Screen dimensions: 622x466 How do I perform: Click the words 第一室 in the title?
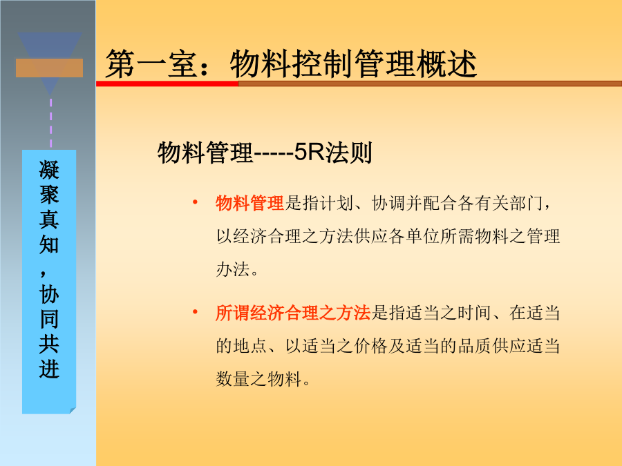(x=151, y=64)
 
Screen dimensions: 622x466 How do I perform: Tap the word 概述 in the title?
(x=446, y=64)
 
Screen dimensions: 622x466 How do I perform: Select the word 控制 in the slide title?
(x=323, y=64)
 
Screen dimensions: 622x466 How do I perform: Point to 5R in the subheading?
(x=309, y=152)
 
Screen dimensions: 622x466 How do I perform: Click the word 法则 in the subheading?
(x=348, y=153)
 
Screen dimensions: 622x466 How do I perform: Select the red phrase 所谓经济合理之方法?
(x=293, y=313)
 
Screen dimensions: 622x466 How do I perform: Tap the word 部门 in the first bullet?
(x=526, y=203)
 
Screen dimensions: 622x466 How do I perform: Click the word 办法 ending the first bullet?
(x=233, y=269)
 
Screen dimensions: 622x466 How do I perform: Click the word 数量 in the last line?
(x=233, y=379)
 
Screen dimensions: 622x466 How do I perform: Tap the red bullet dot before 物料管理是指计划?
(x=195, y=203)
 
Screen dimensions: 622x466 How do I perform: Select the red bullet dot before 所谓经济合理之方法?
(x=195, y=313)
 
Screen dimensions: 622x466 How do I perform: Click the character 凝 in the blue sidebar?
(x=49, y=170)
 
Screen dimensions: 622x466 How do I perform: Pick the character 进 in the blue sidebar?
(x=49, y=369)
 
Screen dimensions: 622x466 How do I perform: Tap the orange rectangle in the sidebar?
(x=49, y=68)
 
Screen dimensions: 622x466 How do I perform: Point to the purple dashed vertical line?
(x=50, y=123)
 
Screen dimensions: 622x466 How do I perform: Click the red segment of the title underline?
(x=167, y=84)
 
